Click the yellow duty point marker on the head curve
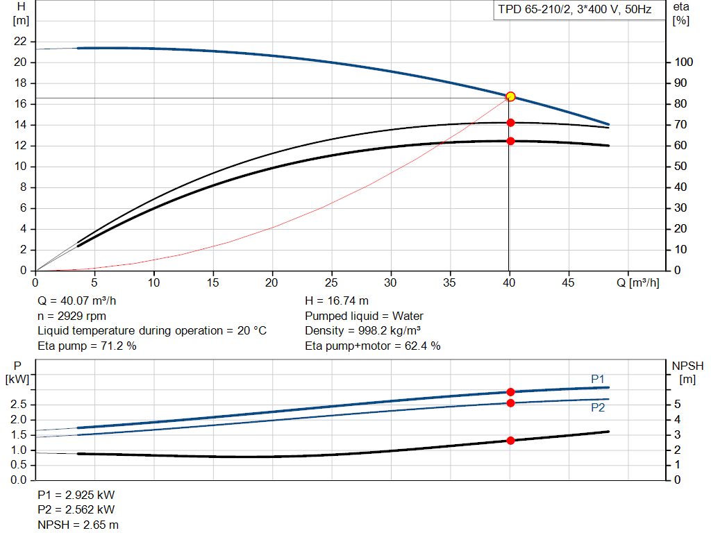[510, 96]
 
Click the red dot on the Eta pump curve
[510, 123]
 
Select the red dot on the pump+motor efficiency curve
[510, 141]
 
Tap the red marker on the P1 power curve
[510, 392]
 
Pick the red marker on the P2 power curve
[510, 403]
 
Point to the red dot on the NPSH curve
[510, 441]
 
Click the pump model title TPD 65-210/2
[573, 10]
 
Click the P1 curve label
[598, 378]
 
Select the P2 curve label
[598, 408]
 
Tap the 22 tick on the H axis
[20, 42]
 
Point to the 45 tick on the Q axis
[569, 282]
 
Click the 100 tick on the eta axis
[683, 62]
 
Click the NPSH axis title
[687, 366]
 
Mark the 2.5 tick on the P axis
[19, 405]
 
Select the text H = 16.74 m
[337, 301]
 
